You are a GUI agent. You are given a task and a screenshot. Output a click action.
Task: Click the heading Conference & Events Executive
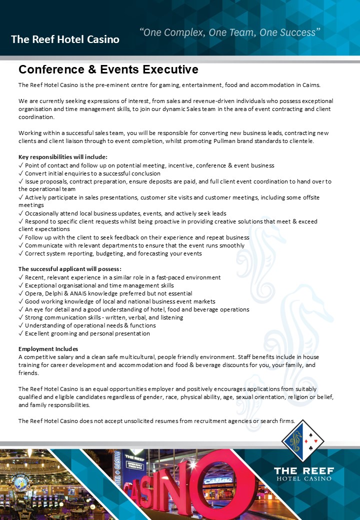click(108, 69)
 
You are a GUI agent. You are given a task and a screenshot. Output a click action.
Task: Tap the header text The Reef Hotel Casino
click(65, 39)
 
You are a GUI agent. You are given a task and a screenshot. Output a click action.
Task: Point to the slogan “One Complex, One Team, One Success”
click(229, 33)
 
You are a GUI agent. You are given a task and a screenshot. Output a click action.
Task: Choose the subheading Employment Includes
click(48, 348)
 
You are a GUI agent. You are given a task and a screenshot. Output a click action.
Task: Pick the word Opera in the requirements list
click(33, 293)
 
